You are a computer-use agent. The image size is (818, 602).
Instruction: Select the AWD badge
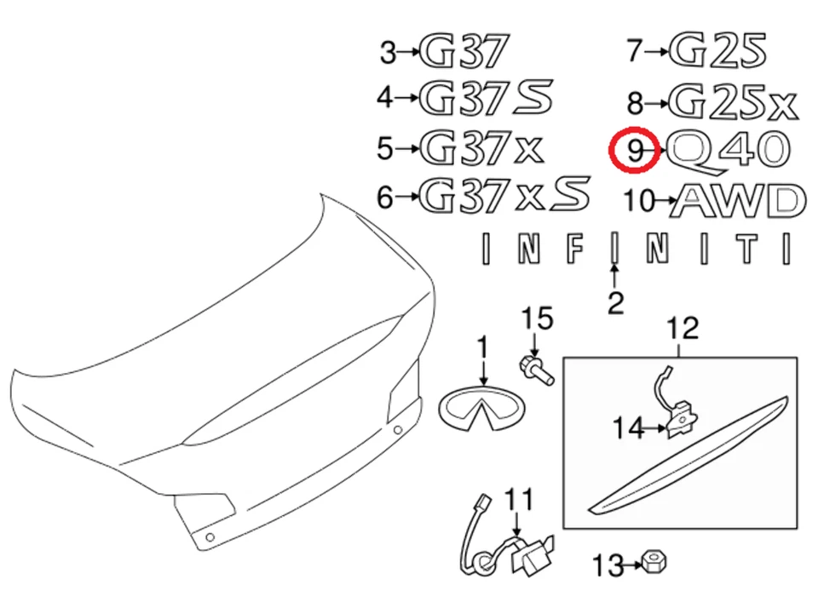pos(737,201)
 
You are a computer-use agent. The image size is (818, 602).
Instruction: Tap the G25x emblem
pos(733,102)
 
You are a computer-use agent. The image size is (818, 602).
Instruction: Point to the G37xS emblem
pos(505,198)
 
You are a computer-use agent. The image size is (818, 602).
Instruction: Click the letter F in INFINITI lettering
pos(577,248)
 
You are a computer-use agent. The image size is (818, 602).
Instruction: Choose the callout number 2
pos(615,302)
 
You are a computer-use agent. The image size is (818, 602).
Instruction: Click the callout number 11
pos(519,499)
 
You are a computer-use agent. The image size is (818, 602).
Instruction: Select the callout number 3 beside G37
pos(389,54)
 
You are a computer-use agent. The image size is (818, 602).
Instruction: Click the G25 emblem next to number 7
pos(718,50)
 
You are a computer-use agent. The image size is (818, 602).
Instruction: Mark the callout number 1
pos(483,349)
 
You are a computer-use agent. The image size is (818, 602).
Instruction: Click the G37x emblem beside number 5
pos(481,149)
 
